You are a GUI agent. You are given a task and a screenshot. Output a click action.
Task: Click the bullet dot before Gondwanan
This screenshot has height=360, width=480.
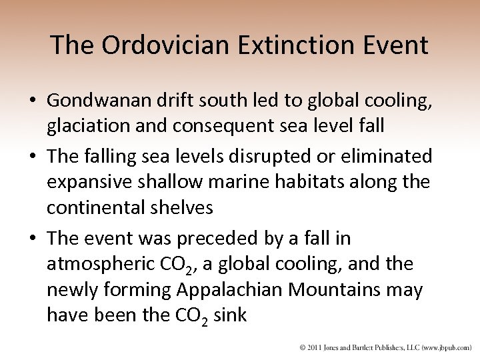pos(31,100)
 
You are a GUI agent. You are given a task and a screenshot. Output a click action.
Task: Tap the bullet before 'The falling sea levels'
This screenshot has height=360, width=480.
pos(31,157)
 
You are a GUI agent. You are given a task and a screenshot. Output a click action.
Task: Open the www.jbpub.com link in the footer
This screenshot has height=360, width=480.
pos(444,347)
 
